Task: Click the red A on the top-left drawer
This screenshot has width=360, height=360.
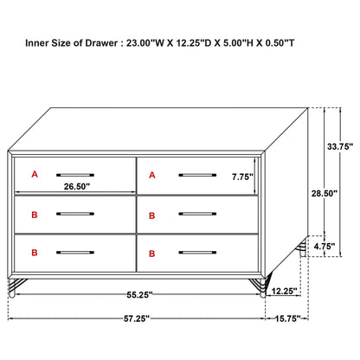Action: tap(35, 175)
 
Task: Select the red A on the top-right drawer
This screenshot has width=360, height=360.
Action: tap(151, 175)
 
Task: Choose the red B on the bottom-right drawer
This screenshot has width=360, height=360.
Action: tap(151, 254)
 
